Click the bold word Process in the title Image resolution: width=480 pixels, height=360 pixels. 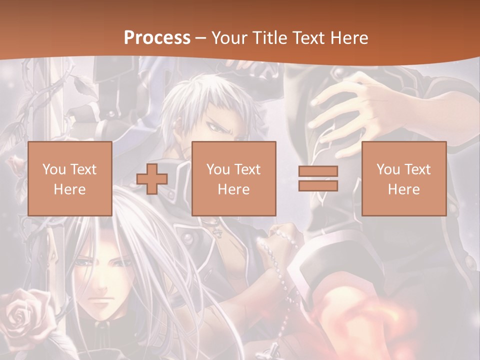pyautogui.click(x=157, y=38)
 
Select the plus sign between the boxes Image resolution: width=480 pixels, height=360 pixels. pyautogui.click(x=152, y=178)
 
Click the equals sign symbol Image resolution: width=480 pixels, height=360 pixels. pyautogui.click(x=318, y=178)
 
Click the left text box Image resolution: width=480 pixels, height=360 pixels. pyautogui.click(x=69, y=178)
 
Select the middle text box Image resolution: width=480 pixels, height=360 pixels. pyautogui.click(x=233, y=178)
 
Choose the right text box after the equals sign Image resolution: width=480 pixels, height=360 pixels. pyautogui.click(x=403, y=178)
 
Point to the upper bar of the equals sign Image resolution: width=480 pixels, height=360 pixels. pyautogui.click(x=318, y=171)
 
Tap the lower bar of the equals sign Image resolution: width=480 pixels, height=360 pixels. pyautogui.click(x=318, y=185)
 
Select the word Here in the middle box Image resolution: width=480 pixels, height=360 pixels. pyautogui.click(x=233, y=189)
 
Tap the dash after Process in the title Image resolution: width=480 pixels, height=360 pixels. pyautogui.click(x=201, y=38)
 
